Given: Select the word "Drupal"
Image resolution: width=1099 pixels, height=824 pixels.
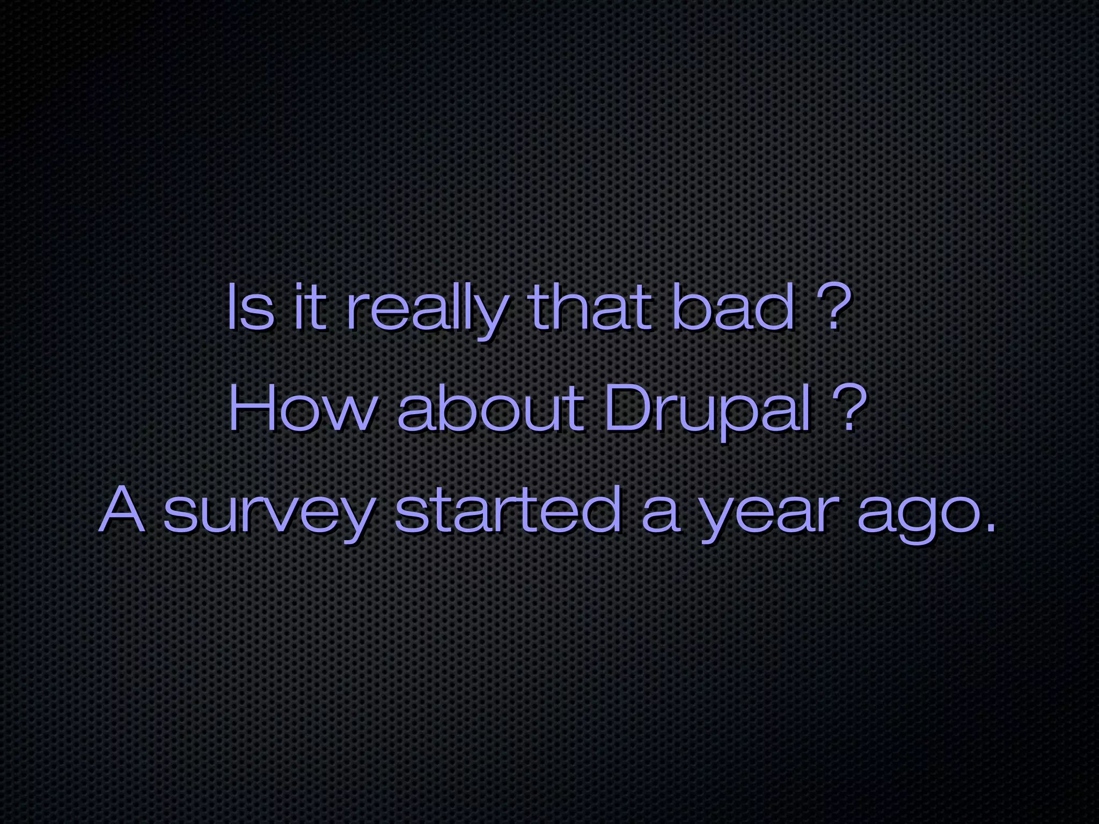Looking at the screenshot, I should click(x=708, y=413).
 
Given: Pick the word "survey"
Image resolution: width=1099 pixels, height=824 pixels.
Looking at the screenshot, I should click(x=268, y=515).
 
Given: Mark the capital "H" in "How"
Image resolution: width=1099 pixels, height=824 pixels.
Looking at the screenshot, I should click(x=252, y=410).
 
